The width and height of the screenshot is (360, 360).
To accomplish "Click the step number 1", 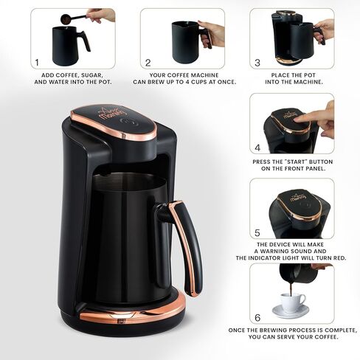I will [36, 63].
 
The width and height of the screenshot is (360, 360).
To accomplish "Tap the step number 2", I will [148, 63].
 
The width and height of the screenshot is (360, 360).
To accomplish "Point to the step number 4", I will [257, 147].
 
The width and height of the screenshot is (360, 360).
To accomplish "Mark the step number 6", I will [257, 318].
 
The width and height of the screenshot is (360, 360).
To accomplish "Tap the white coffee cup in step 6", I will [293, 301].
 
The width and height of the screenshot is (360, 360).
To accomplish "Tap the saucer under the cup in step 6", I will [293, 312].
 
